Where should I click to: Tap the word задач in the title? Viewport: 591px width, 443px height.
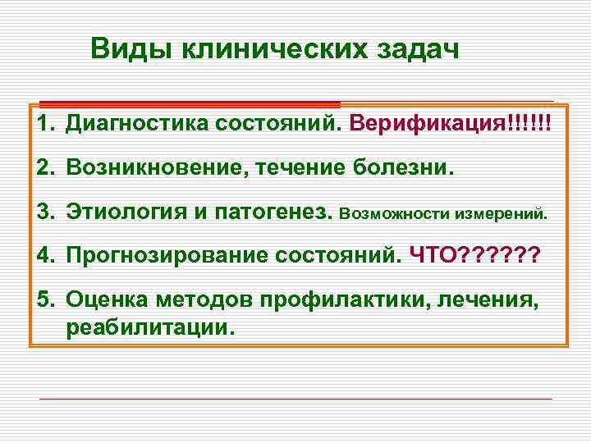415,49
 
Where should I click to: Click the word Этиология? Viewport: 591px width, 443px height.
127,212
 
